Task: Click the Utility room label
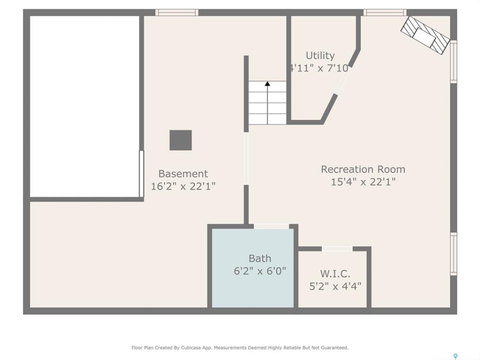pyautogui.click(x=320, y=55)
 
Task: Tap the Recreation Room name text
pyautogui.click(x=363, y=169)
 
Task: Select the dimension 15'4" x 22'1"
pyautogui.click(x=363, y=182)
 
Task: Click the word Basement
pyautogui.click(x=183, y=174)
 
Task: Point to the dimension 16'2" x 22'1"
pyautogui.click(x=183, y=186)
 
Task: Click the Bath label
pyautogui.click(x=260, y=258)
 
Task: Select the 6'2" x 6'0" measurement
pyautogui.click(x=260, y=271)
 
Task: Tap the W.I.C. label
pyautogui.click(x=335, y=273)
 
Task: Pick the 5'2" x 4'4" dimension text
pyautogui.click(x=335, y=286)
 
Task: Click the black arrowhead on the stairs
pyautogui.click(x=267, y=83)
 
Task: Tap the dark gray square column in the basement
pyautogui.click(x=180, y=140)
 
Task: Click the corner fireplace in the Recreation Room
pyautogui.click(x=425, y=35)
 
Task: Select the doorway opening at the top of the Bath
pyautogui.click(x=271, y=226)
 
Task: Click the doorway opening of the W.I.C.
pyautogui.click(x=337, y=248)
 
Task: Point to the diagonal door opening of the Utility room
pyautogui.click(x=341, y=80)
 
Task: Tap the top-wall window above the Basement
pyautogui.click(x=177, y=12)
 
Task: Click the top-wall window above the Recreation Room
pyautogui.click(x=385, y=12)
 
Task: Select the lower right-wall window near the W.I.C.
pyautogui.click(x=453, y=254)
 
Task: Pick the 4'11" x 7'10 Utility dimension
pyautogui.click(x=319, y=68)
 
